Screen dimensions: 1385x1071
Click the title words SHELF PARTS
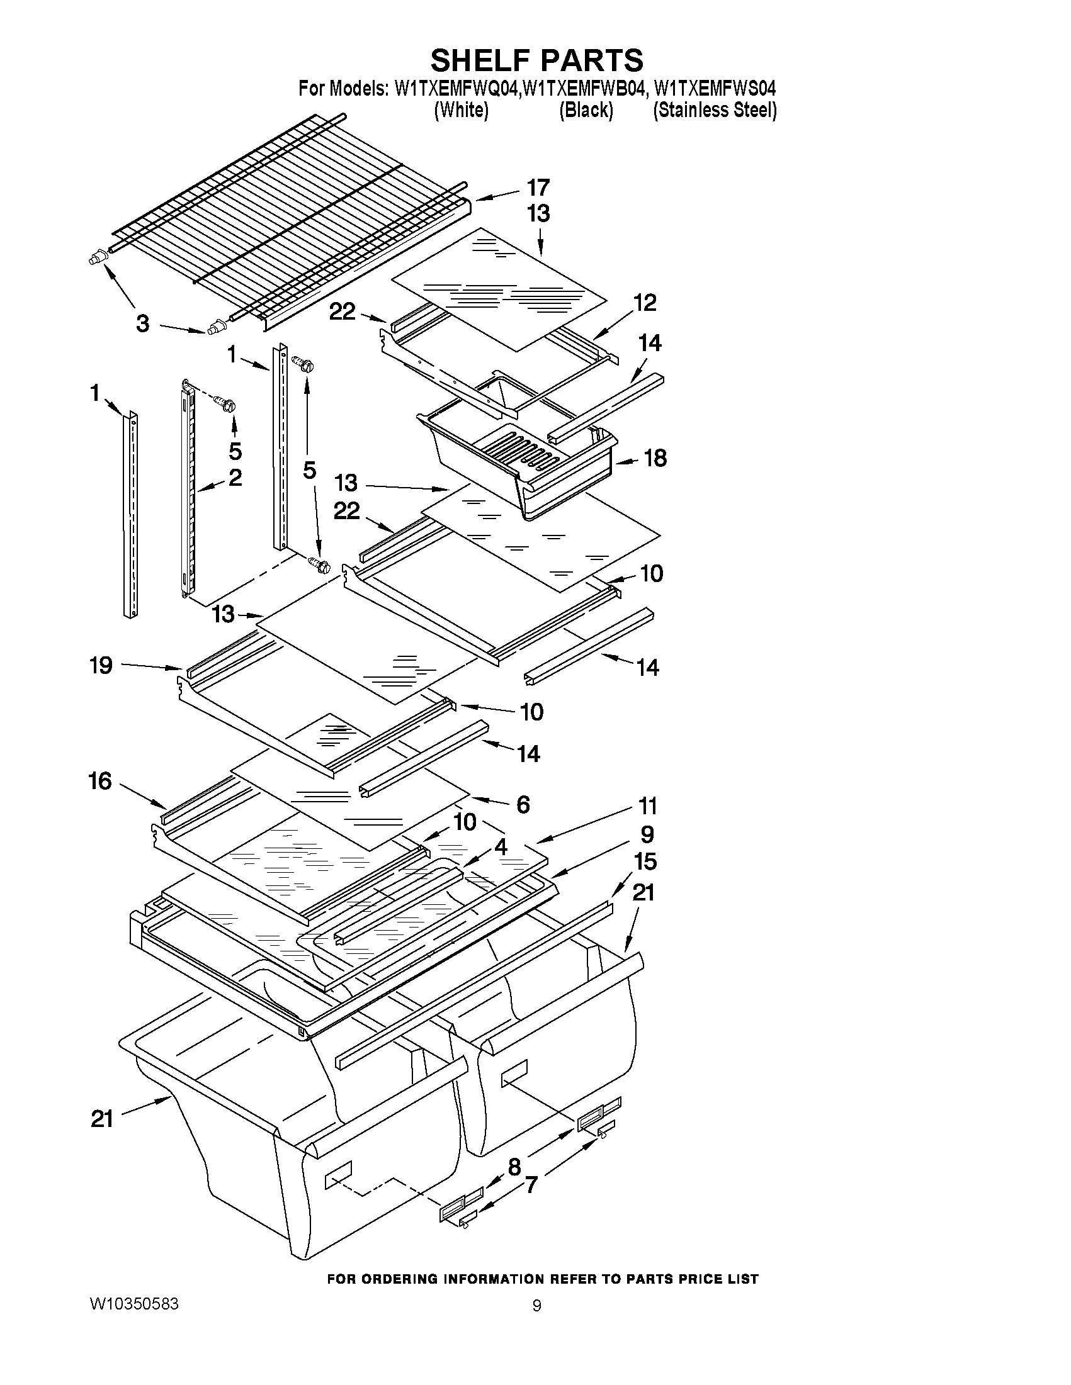point(536,60)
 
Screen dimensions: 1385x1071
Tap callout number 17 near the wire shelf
point(538,188)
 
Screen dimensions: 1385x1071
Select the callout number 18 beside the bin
point(655,458)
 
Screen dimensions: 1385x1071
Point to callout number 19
point(101,665)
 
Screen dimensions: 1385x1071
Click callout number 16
point(100,781)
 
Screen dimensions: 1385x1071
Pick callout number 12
point(645,303)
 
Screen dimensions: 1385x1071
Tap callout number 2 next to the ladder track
point(235,477)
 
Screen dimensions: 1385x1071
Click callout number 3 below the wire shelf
point(142,323)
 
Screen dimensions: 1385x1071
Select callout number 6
point(523,804)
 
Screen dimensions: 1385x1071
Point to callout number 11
point(647,807)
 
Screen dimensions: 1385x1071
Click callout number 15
point(645,862)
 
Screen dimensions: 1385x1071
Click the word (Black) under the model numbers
point(586,110)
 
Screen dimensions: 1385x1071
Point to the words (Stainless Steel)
point(715,110)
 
